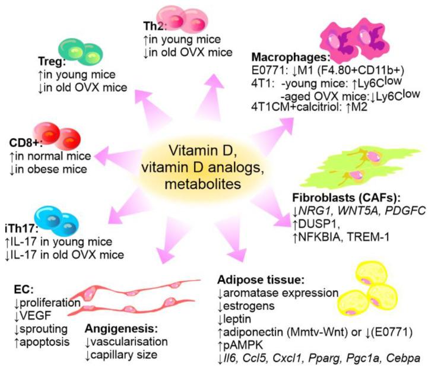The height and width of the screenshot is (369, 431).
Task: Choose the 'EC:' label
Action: pyautogui.click(x=23, y=290)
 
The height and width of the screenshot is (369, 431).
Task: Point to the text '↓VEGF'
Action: pyautogui.click(x=31, y=314)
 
